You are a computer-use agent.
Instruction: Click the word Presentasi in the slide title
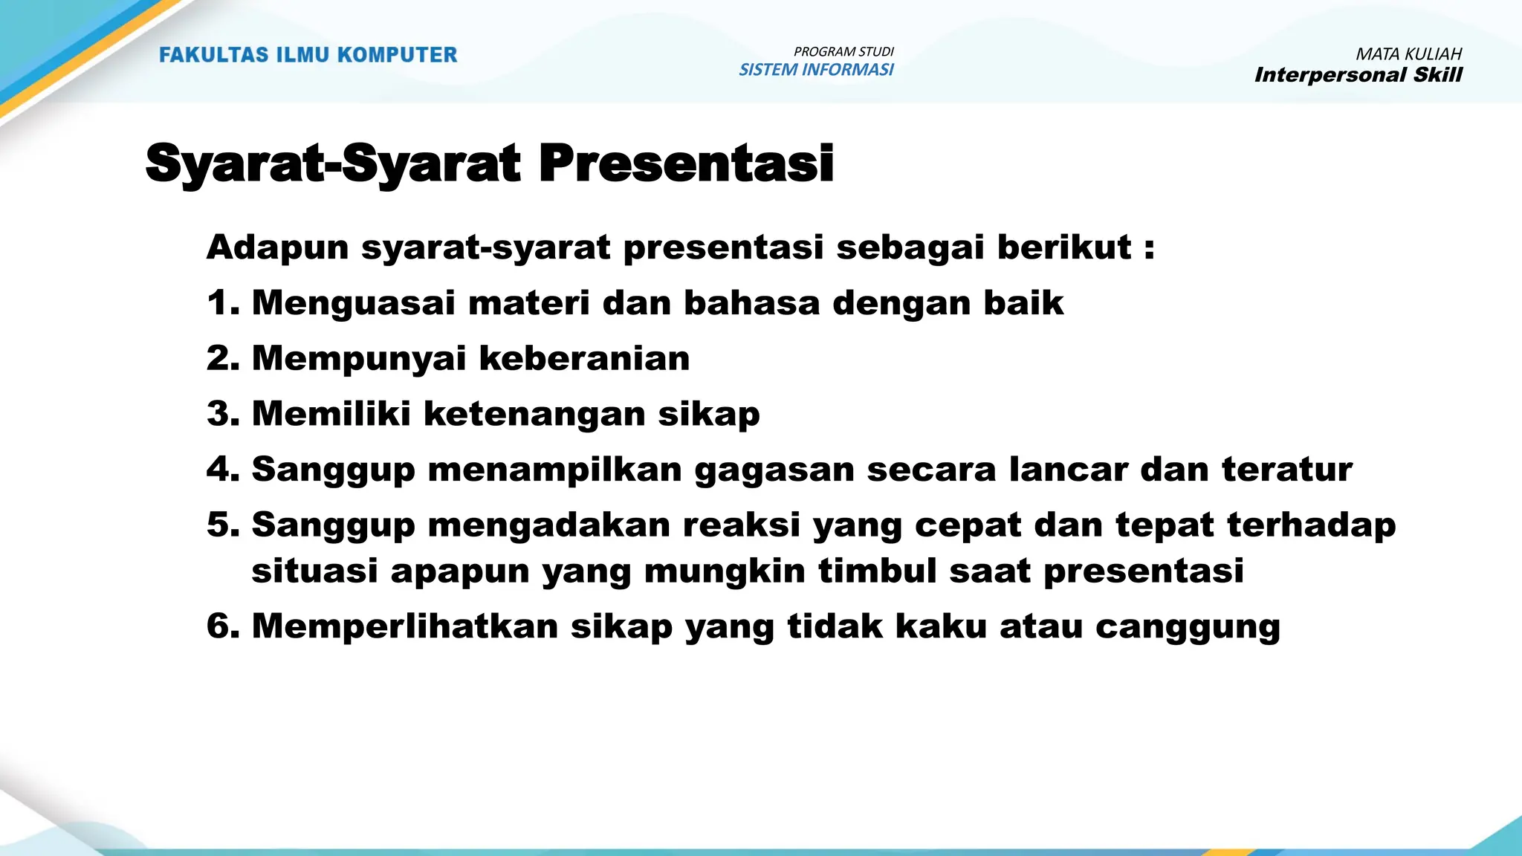pos(685,163)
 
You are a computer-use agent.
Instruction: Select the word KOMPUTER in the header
pos(398,55)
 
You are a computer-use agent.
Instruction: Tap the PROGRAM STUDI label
pos(843,52)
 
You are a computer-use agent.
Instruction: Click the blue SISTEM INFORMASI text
pos(816,70)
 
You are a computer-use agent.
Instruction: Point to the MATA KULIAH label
pos(1408,54)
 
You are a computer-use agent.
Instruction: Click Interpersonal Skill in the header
pos(1358,75)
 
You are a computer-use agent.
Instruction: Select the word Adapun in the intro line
pos(277,248)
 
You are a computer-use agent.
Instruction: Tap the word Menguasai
pos(353,303)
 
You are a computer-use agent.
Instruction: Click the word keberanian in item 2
pos(584,359)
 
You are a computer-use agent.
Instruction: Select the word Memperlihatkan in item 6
pos(404,626)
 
